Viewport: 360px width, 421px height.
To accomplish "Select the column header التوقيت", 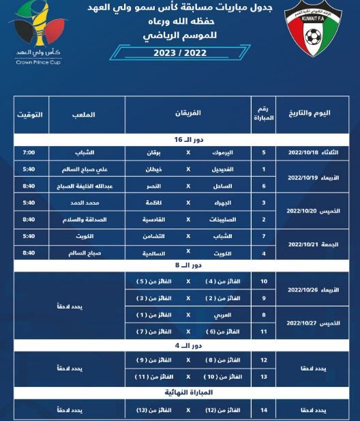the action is [29, 113].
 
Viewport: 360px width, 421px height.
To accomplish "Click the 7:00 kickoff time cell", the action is [29, 152].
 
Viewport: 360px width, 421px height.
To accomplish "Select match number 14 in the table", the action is [264, 410].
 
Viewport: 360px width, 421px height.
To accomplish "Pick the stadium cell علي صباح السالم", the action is [82, 169].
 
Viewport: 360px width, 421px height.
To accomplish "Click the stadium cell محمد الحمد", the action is [82, 203].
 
